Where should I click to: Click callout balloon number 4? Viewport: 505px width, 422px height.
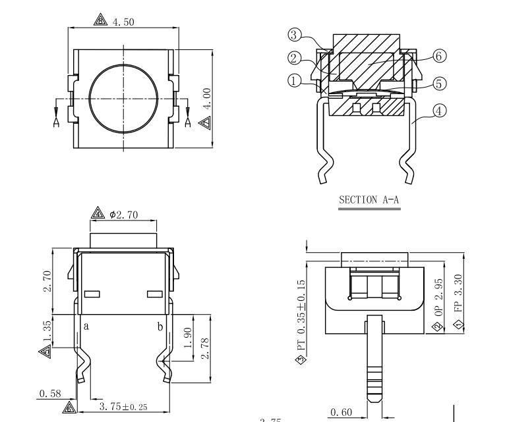point(440,111)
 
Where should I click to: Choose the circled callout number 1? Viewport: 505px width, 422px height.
point(295,80)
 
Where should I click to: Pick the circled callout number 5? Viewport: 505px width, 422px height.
point(440,83)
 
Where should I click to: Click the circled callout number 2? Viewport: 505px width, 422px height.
point(295,58)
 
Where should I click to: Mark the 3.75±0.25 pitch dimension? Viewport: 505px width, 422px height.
point(123,408)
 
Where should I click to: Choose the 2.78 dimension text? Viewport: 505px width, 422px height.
point(206,346)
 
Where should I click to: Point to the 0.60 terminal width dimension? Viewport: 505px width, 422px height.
point(341,412)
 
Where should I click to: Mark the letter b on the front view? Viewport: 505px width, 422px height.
point(160,325)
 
